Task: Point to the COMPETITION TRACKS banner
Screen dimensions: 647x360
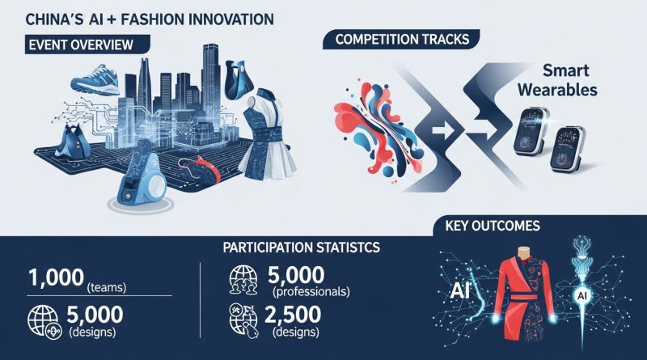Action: (401, 39)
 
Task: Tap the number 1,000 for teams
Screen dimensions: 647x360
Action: (56, 277)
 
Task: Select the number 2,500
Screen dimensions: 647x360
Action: (293, 315)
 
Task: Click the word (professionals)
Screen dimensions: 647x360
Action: (311, 292)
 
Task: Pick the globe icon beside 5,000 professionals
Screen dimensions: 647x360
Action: (243, 280)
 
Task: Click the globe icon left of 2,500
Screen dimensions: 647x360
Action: (243, 319)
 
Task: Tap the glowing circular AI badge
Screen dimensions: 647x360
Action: (582, 295)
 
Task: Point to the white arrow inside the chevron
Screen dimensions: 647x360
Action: (443, 131)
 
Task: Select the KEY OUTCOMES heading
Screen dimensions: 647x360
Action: (493, 226)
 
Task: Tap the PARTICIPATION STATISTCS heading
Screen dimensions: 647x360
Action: (301, 248)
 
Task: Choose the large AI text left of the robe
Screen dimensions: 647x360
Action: (459, 290)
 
